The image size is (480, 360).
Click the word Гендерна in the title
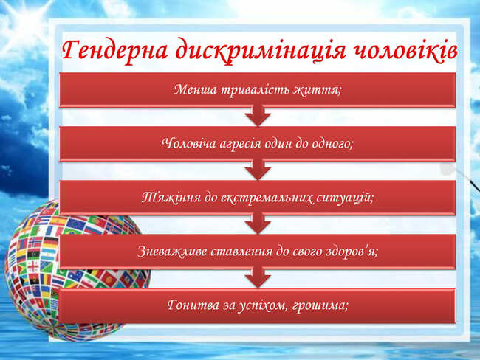point(115,49)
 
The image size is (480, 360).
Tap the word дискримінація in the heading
point(261,51)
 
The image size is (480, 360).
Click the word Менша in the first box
point(195,89)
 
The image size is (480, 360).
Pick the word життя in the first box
point(317,90)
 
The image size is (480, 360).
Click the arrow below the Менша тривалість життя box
point(258,116)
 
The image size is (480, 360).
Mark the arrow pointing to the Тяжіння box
point(258,170)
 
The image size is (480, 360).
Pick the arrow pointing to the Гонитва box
point(258,277)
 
